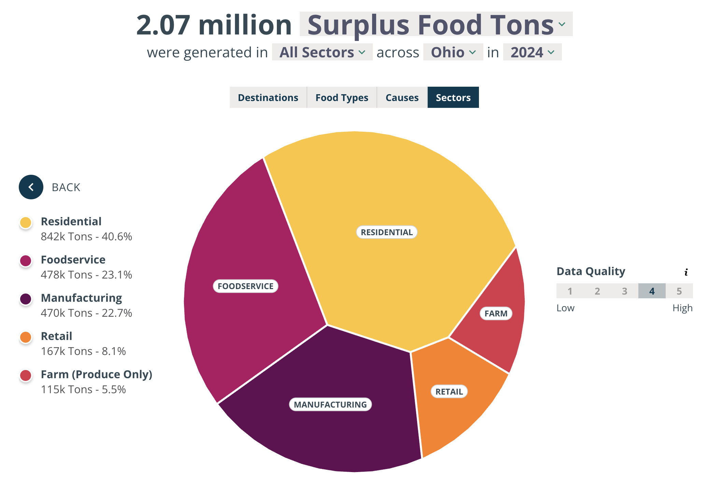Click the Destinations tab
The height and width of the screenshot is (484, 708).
(268, 98)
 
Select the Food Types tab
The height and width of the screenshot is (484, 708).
(342, 98)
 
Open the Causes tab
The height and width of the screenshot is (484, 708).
(402, 98)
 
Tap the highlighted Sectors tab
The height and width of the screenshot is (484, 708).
(453, 98)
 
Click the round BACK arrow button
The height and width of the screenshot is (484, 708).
(31, 187)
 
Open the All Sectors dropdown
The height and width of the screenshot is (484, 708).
(322, 52)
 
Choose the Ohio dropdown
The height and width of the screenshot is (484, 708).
(453, 52)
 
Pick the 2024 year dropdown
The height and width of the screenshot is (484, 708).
(532, 52)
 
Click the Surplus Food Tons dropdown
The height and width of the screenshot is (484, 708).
(436, 25)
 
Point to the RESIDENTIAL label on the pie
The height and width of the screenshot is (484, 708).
(386, 232)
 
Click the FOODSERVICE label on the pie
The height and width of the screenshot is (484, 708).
(245, 286)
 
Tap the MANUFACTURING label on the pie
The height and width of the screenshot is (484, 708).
(330, 404)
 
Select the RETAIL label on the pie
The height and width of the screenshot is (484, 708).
(449, 392)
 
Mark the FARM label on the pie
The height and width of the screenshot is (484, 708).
(496, 313)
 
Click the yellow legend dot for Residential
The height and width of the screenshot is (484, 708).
(26, 223)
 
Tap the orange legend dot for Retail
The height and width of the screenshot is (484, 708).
(26, 337)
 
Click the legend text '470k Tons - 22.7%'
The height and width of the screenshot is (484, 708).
(86, 313)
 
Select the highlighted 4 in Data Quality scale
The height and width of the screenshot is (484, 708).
(652, 291)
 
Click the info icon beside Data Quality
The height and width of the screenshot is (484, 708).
(686, 272)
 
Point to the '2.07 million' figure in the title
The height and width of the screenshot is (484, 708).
(214, 25)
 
